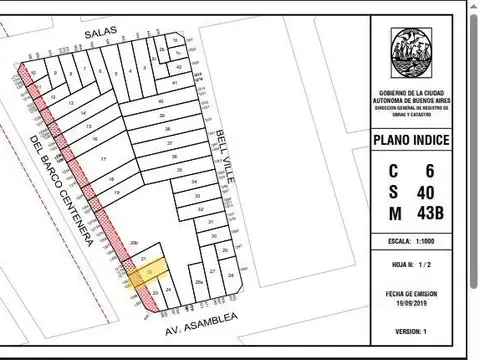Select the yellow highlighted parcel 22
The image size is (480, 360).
(x=149, y=271)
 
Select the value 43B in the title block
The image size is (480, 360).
(x=426, y=211)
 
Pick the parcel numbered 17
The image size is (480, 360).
(x=103, y=160)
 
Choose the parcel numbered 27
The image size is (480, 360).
(x=213, y=271)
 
